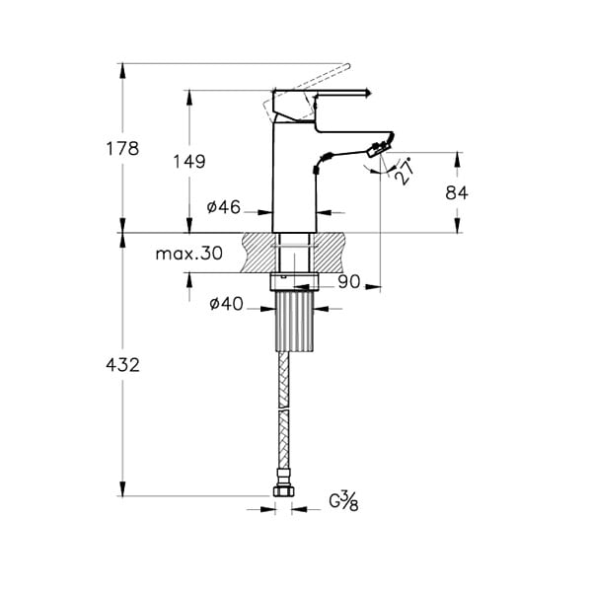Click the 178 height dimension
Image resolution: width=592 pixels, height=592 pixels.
pos(122,148)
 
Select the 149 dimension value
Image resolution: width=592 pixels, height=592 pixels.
pos(189,162)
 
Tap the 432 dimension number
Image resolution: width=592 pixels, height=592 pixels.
pos(122,365)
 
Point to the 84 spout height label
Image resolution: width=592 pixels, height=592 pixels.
pos(457,193)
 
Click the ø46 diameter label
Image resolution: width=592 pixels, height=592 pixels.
pos(224,207)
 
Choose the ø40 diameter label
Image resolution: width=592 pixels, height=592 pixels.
pos(226,304)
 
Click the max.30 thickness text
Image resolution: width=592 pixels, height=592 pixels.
pos(189,254)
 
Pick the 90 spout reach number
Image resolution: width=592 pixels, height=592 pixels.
pos(349,281)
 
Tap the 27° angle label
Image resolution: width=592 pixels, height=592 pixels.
pos(404,171)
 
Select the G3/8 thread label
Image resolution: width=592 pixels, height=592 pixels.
pos(343,501)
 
